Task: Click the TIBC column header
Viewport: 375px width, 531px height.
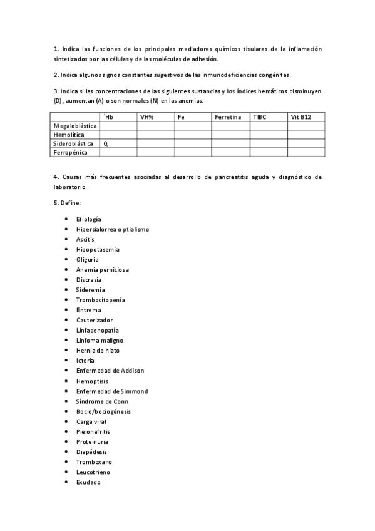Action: pos(259,117)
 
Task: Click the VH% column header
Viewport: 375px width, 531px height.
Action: pos(146,117)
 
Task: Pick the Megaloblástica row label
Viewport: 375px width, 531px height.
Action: pos(75,126)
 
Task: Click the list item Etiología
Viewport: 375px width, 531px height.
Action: pos(88,219)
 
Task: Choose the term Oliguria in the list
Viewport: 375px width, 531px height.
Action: pos(87,259)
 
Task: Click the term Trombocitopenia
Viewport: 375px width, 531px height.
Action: pos(100,300)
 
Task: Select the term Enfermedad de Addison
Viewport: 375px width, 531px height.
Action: pos(110,371)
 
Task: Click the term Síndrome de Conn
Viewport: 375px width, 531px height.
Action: pos(103,401)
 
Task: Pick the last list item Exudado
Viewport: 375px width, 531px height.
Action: pos(88,482)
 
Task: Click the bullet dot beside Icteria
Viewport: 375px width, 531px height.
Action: pos(66,361)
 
